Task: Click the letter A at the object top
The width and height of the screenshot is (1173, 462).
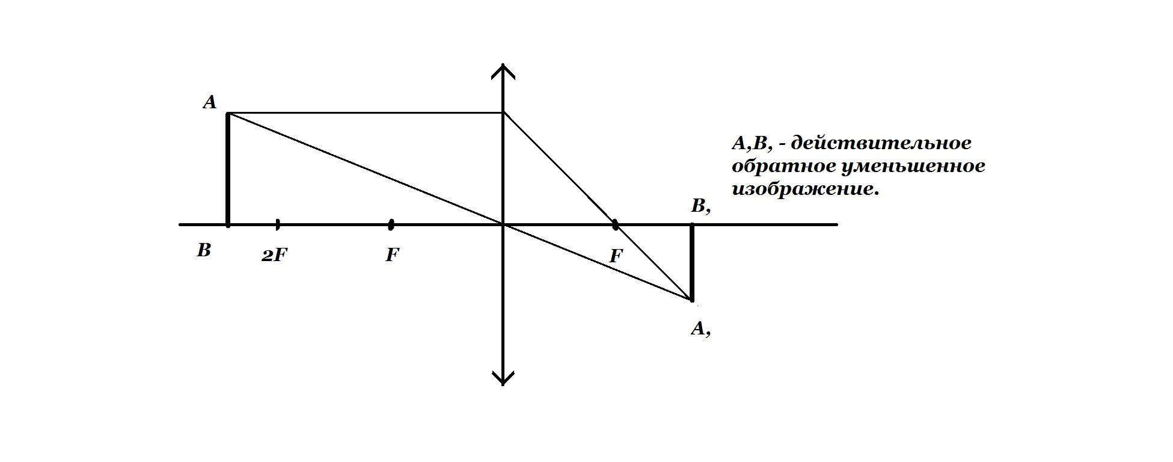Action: click(x=209, y=103)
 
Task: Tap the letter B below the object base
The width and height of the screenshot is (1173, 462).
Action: click(x=204, y=250)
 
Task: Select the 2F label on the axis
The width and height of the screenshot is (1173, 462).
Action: click(x=275, y=256)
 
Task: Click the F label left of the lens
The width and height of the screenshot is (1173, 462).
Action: click(x=392, y=255)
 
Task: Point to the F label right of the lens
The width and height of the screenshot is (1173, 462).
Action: click(x=616, y=256)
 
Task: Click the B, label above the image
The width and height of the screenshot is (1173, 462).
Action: click(x=701, y=207)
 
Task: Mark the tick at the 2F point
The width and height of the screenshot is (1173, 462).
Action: click(x=277, y=224)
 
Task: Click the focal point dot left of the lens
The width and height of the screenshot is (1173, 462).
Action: click(x=391, y=224)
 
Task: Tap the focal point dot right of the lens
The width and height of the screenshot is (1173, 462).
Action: click(x=615, y=224)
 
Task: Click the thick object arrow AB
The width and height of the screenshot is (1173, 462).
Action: click(x=228, y=168)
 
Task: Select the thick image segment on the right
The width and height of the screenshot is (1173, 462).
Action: click(x=692, y=262)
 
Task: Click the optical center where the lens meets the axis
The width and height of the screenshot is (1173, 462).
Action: click(x=503, y=224)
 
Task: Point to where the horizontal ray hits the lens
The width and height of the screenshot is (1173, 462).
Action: click(x=503, y=112)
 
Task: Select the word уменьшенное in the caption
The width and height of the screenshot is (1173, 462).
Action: click(x=908, y=166)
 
